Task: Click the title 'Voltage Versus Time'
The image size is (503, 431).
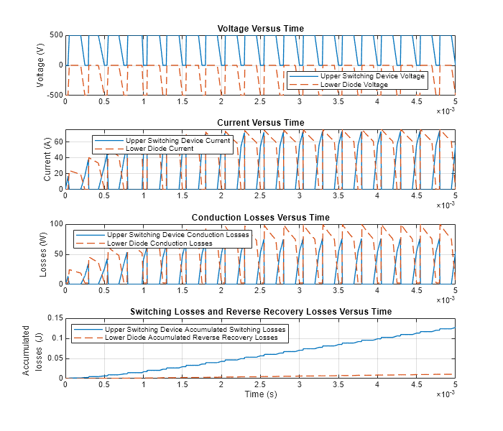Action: point(260,29)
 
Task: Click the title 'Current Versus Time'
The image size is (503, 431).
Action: point(260,123)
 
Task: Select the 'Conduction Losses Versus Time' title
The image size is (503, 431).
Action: point(260,218)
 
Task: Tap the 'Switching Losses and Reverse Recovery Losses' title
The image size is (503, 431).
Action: point(260,312)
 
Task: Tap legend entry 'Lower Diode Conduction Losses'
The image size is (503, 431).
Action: point(160,244)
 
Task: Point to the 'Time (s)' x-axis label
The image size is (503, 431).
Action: point(260,394)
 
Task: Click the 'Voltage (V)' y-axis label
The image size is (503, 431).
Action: point(40,65)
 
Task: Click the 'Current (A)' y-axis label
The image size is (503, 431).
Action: point(47,159)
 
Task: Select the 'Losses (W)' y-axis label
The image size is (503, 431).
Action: point(43,254)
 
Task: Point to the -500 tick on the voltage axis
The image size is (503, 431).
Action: point(53,95)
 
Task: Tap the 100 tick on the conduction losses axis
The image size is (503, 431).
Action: point(55,224)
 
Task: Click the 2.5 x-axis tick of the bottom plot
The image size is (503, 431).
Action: point(260,384)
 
